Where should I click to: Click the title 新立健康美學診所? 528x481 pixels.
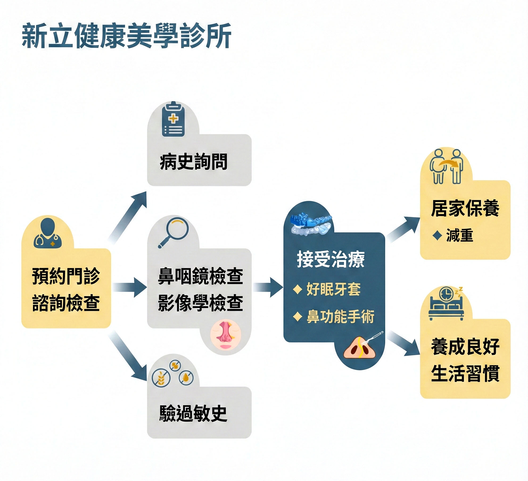click(x=126, y=36)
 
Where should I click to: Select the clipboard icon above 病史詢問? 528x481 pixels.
click(x=173, y=119)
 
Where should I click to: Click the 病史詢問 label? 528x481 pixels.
click(x=193, y=162)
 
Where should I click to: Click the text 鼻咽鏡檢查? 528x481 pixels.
click(x=200, y=276)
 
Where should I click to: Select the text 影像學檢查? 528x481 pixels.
click(x=200, y=303)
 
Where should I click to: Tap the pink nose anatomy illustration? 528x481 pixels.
click(x=226, y=334)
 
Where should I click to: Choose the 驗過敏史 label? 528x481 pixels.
click(x=193, y=413)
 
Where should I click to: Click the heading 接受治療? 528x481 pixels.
click(x=331, y=259)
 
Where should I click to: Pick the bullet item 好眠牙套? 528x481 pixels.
click(x=333, y=289)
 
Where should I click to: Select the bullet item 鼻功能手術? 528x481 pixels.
click(x=340, y=317)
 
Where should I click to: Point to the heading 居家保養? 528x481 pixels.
click(x=465, y=208)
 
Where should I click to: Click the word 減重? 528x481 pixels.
click(x=460, y=235)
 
